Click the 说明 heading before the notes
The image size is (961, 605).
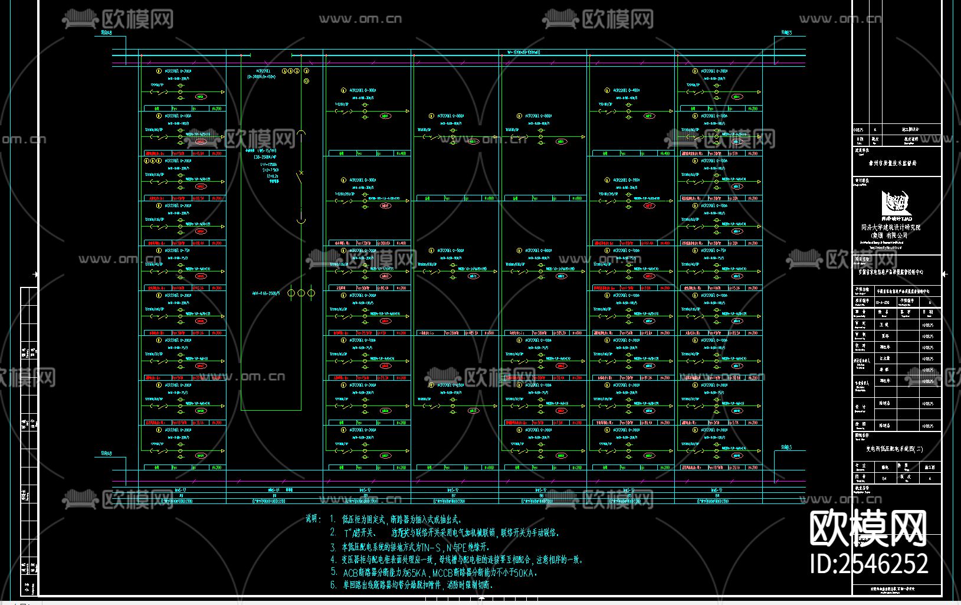[x=313, y=519]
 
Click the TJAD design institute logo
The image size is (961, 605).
[x=896, y=204]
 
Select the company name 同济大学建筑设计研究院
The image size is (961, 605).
[x=890, y=227]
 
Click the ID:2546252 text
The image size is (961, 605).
[x=869, y=563]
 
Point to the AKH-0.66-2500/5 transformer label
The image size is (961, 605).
[x=265, y=293]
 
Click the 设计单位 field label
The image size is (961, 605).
[x=862, y=181]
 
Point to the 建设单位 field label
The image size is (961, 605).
[x=862, y=151]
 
